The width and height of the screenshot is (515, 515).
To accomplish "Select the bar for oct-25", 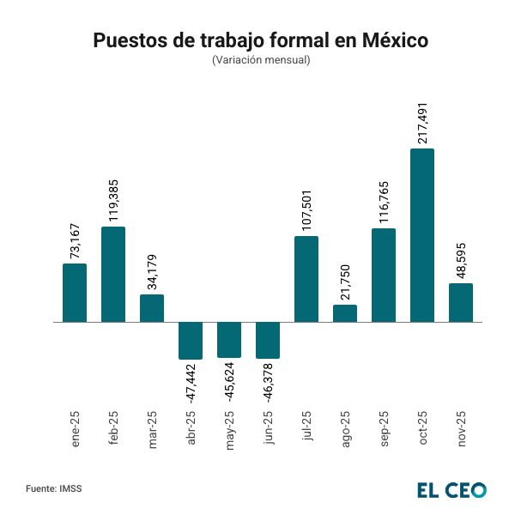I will tap(422, 235).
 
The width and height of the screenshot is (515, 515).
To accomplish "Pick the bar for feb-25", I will tap(113, 275).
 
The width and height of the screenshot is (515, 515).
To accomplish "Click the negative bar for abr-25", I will tap(191, 341).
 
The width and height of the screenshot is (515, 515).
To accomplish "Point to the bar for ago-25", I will tap(345, 313).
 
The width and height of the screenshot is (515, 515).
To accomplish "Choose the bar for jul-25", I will tap(306, 279).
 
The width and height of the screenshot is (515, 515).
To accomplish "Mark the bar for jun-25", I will tap(268, 340).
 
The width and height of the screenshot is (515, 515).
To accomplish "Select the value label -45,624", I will tap(229, 388).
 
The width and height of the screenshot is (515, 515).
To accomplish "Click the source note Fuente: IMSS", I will tap(54, 488).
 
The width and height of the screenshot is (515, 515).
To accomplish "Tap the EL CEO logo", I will tap(452, 490).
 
